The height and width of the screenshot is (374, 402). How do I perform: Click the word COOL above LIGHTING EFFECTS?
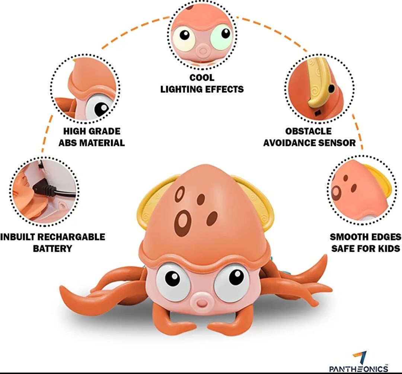pyautogui.click(x=202, y=78)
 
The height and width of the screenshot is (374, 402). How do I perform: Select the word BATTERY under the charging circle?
pyautogui.click(x=52, y=248)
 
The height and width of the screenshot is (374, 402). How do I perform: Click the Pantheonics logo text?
pyautogui.click(x=358, y=368)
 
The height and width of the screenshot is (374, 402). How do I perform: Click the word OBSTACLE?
pyautogui.click(x=308, y=131)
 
